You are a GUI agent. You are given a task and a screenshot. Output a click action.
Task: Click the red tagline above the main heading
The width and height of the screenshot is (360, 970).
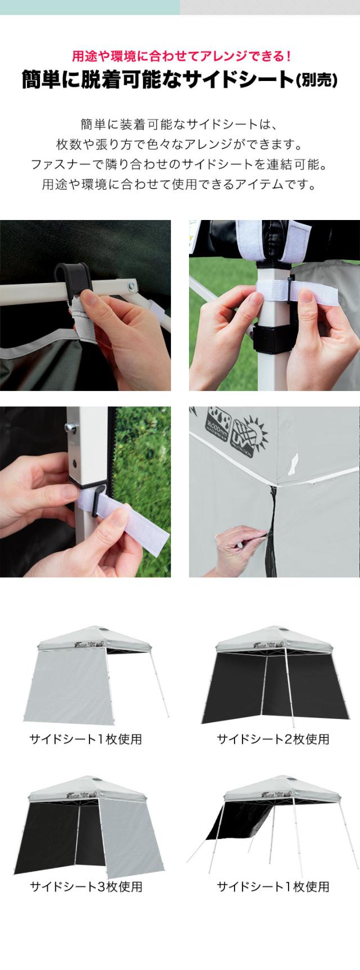pyautogui.click(x=180, y=56)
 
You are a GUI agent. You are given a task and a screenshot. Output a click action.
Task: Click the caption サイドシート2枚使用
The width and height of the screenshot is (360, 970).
pyautogui.click(x=273, y=739)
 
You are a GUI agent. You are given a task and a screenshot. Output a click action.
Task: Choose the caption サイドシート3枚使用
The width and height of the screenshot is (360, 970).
pyautogui.click(x=85, y=887)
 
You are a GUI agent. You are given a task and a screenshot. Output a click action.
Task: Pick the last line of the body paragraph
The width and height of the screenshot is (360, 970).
pyautogui.click(x=180, y=185)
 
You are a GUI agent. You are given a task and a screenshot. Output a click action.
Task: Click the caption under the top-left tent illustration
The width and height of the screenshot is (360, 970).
pyautogui.click(x=85, y=739)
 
